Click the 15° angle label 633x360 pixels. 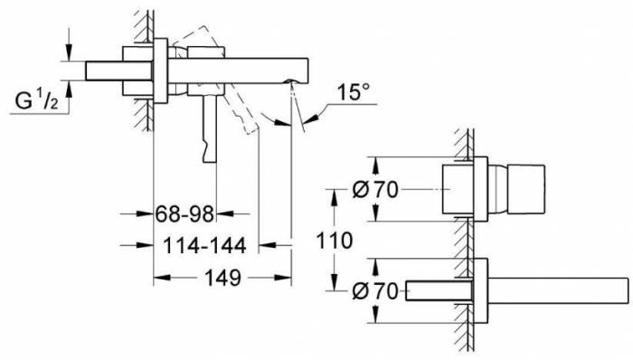pyautogui.click(x=353, y=92)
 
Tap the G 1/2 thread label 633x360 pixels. pyautogui.click(x=36, y=100)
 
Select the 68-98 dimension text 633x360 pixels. pyautogui.click(x=184, y=213)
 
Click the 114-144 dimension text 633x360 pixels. pyautogui.click(x=204, y=245)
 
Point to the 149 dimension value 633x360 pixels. pyautogui.click(x=222, y=278)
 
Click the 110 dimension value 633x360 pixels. pyautogui.click(x=335, y=241)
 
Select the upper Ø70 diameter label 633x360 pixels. pyautogui.click(x=375, y=189)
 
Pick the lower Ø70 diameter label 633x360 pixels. pyautogui.click(x=375, y=291)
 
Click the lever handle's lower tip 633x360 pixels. pyautogui.click(x=210, y=161)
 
